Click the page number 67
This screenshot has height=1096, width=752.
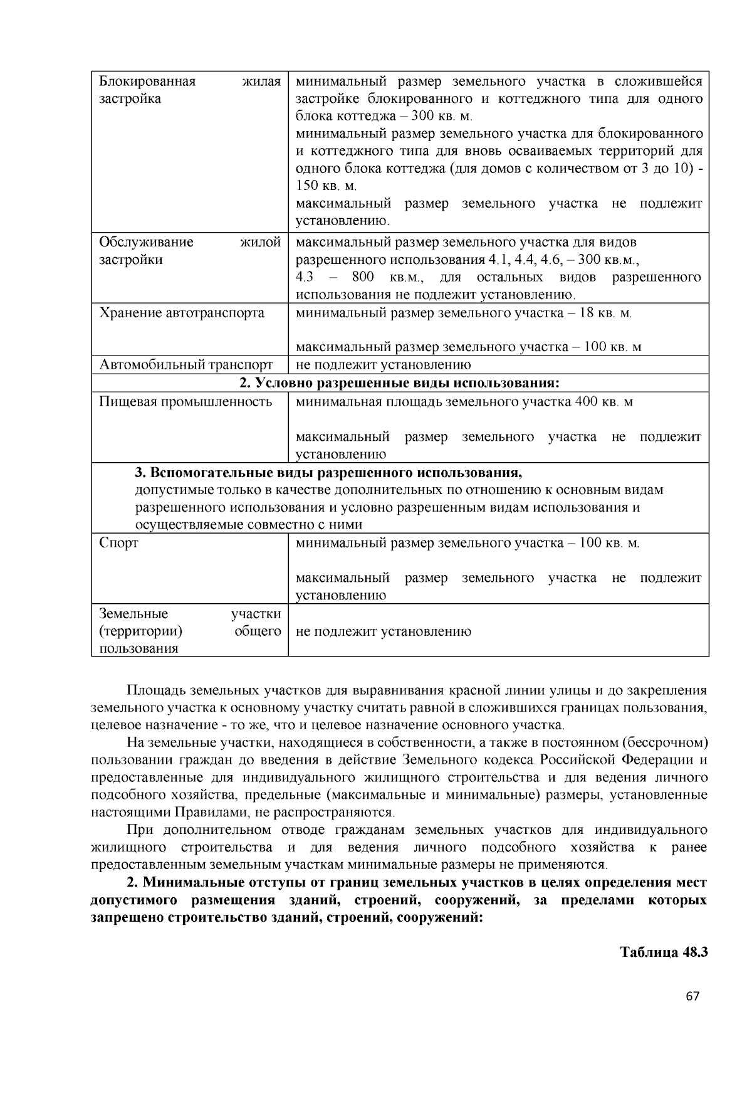692,997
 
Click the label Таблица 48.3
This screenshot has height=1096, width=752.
664,952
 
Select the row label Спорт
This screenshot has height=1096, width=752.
119,543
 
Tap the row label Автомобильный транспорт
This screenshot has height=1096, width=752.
186,365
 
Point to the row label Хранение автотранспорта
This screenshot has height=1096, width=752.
182,313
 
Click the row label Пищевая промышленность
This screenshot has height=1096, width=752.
185,402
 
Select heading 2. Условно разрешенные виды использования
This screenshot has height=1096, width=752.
399,382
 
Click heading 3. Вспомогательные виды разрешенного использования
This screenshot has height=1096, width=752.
328,472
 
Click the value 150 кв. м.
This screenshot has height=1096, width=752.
326,186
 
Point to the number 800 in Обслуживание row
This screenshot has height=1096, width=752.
363,277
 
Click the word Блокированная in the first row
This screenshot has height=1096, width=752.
148,82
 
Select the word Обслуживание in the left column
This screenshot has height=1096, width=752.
147,243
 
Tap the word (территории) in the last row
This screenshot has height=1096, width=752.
141,631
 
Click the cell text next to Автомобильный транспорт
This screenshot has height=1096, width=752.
383,365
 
